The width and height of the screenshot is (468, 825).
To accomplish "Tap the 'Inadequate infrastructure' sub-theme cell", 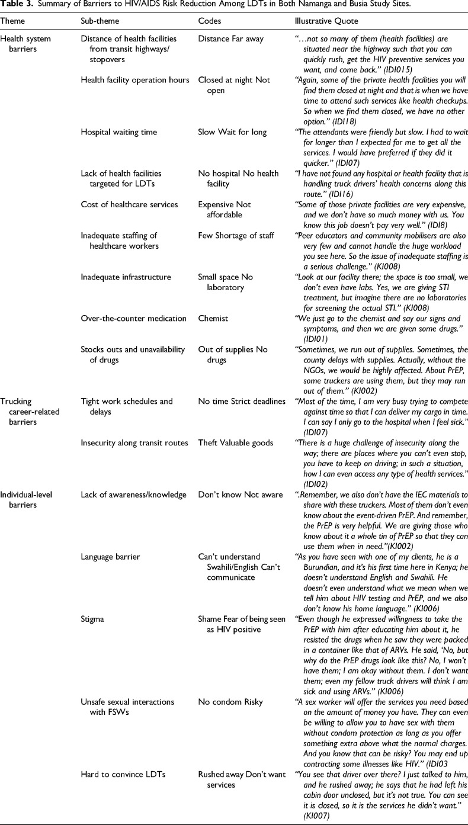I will pyautogui.click(x=126, y=277).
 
